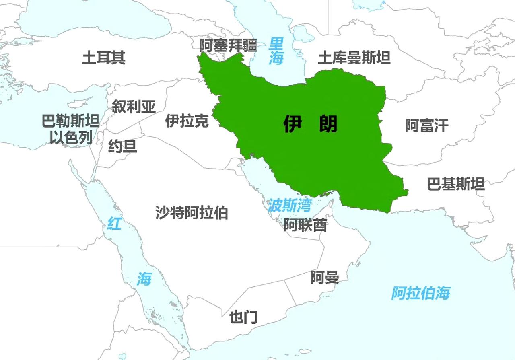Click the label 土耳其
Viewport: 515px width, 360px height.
tap(103, 58)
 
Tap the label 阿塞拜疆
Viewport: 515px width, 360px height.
tap(228, 45)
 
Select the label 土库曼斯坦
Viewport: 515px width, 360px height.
tap(354, 58)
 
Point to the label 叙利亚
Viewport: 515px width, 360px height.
tap(134, 107)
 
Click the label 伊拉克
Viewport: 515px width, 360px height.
tap(187, 121)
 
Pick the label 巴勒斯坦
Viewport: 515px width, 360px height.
tap(70, 121)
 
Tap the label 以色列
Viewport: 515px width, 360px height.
tap(71, 138)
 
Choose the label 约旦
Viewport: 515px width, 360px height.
tap(123, 146)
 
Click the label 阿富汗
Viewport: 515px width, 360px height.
tap(426, 125)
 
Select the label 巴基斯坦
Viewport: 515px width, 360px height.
tap(455, 184)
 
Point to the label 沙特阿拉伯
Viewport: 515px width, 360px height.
tap(192, 212)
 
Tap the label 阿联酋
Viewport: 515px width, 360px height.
tap(305, 225)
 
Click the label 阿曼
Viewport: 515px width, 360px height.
tap(324, 277)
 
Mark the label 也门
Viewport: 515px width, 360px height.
tap(243, 317)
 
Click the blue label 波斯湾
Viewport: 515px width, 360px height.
tap(289, 206)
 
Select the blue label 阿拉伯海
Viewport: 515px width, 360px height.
tap(420, 293)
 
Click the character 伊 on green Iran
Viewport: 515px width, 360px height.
tap(293, 124)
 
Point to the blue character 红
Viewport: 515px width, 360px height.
tap(114, 223)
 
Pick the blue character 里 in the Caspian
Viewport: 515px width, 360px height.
tap(276, 42)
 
